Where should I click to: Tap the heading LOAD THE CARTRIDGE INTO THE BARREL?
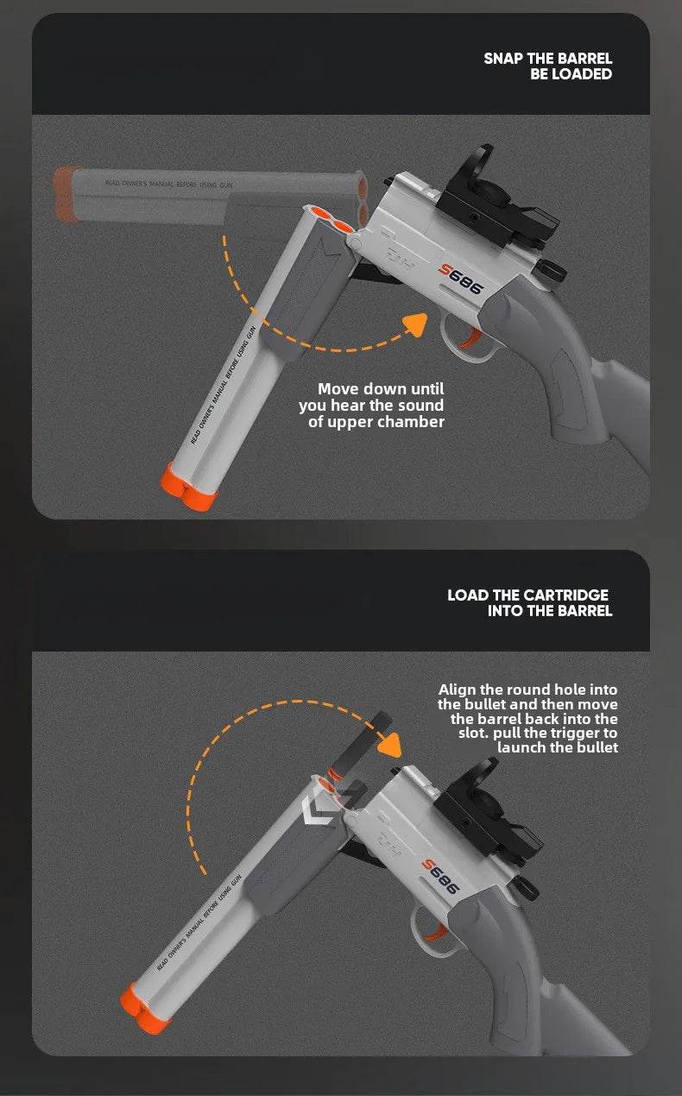pos(528,602)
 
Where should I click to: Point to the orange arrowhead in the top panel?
pos(416,324)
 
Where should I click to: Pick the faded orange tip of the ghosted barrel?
pos(66,194)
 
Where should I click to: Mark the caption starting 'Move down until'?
pos(372,406)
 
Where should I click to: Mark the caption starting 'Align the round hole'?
pos(528,718)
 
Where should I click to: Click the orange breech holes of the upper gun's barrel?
pos(330,221)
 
